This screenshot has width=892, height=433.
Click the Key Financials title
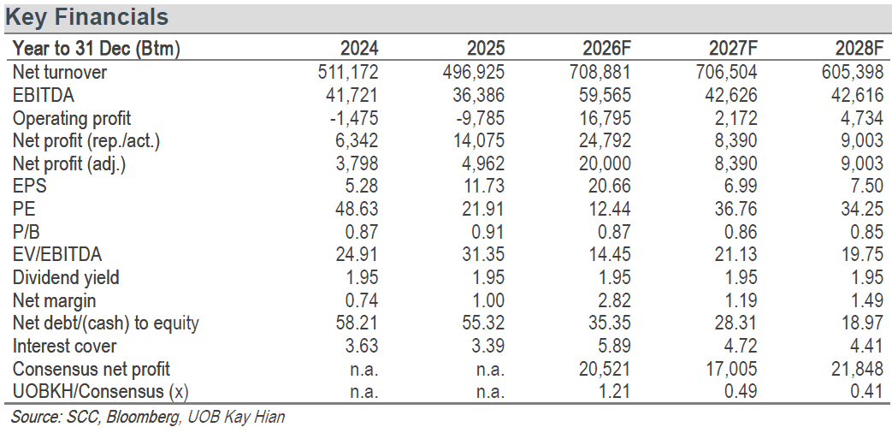click(x=86, y=17)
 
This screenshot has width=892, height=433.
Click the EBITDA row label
click(x=44, y=95)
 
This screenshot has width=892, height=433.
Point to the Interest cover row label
click(x=64, y=346)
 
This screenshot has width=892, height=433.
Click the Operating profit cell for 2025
click(x=479, y=118)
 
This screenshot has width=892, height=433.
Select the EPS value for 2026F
click(x=611, y=186)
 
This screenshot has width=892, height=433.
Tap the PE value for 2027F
click(x=737, y=209)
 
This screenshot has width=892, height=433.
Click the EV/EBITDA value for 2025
click(x=485, y=255)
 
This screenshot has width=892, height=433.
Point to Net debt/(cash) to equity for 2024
click(x=358, y=323)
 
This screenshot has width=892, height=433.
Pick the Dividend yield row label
click(x=66, y=277)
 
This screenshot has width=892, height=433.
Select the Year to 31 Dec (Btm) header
click(x=96, y=49)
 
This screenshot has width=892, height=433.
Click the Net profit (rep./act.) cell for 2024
click(x=356, y=140)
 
